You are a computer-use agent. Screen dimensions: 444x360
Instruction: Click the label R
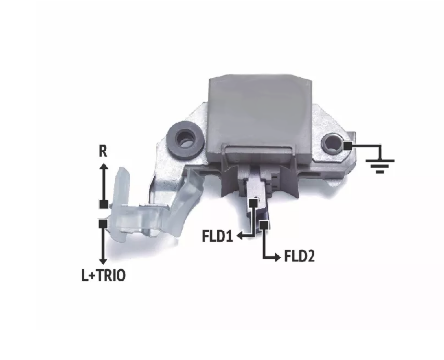(x=103, y=151)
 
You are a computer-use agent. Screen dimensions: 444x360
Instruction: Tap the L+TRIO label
(x=104, y=276)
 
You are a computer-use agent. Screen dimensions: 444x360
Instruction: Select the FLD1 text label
(x=217, y=236)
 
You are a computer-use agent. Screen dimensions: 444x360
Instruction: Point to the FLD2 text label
(x=299, y=256)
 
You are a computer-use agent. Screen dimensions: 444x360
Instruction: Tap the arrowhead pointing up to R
(x=103, y=166)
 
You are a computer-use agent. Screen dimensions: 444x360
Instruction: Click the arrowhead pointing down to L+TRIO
(x=103, y=261)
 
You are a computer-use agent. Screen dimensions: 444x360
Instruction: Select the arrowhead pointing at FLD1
(x=240, y=236)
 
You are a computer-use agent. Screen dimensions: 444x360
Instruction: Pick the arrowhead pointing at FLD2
(x=277, y=257)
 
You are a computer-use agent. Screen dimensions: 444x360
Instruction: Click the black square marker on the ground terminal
(x=348, y=146)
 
